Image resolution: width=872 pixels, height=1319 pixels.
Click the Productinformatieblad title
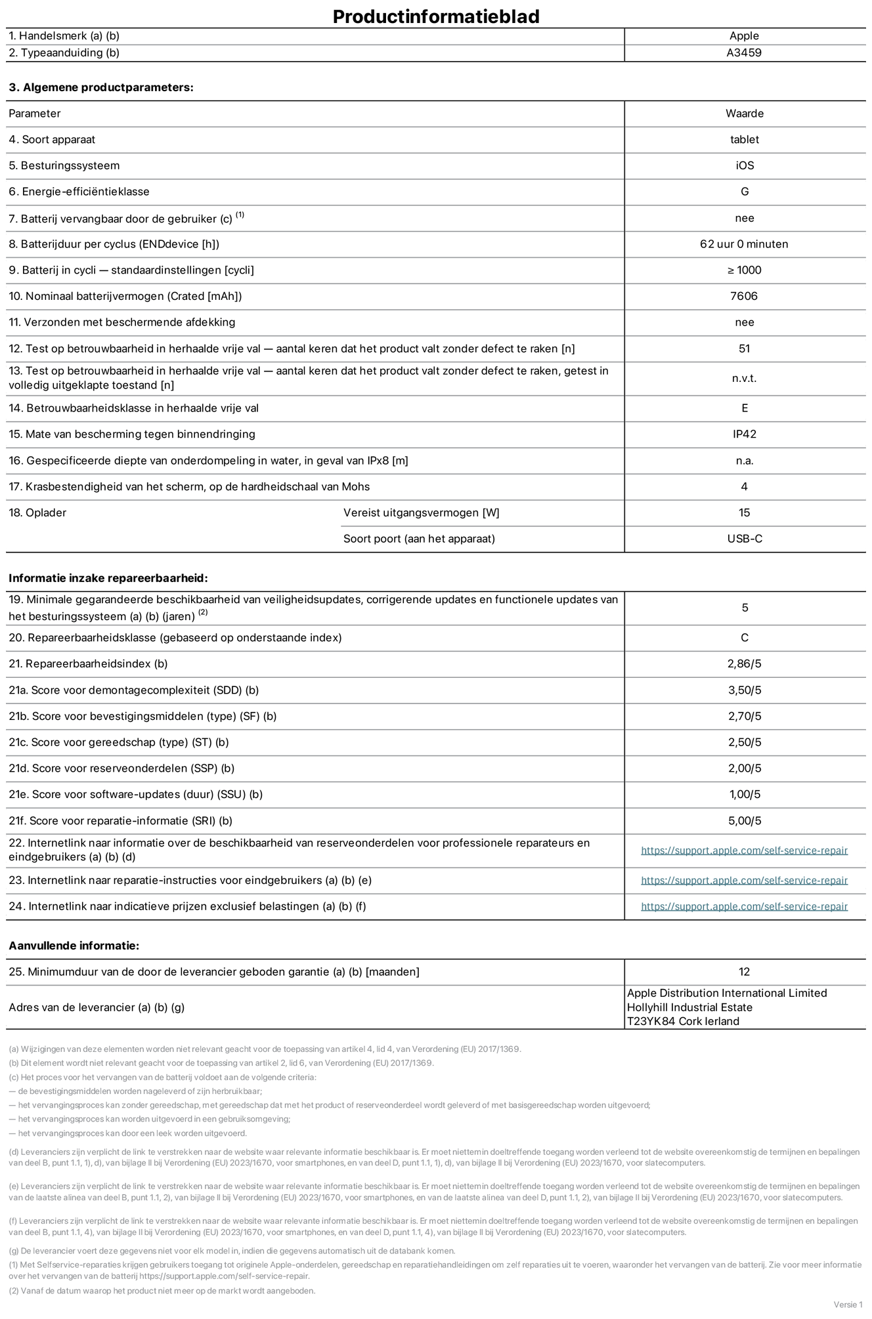click(436, 16)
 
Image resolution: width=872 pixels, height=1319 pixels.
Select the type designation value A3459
click(744, 53)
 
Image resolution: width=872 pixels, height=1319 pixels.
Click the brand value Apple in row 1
click(744, 36)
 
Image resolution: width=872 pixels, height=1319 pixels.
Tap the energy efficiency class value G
click(744, 192)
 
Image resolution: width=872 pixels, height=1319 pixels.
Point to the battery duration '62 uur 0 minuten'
click(744, 244)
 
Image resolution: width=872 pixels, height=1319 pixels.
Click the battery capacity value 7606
click(744, 296)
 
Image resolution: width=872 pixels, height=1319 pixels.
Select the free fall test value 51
click(744, 348)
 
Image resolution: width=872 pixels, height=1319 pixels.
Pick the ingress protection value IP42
click(744, 434)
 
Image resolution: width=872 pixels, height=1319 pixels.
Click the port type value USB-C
click(744, 539)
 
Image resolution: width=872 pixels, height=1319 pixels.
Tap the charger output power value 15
click(744, 513)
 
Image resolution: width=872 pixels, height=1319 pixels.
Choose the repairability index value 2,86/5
click(744, 663)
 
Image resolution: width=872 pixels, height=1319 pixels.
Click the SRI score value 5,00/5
click(744, 821)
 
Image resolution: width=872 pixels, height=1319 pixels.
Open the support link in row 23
click(744, 881)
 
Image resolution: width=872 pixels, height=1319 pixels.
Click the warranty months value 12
click(744, 972)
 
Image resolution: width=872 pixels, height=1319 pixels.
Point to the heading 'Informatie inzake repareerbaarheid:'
click(108, 578)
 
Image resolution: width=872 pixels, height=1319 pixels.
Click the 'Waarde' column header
click(744, 114)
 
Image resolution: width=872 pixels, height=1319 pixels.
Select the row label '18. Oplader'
click(37, 513)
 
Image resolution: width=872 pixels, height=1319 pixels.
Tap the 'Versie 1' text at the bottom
click(848, 1305)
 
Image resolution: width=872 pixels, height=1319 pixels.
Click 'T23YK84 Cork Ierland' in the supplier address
click(683, 1021)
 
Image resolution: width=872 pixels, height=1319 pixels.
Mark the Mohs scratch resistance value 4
click(744, 486)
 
